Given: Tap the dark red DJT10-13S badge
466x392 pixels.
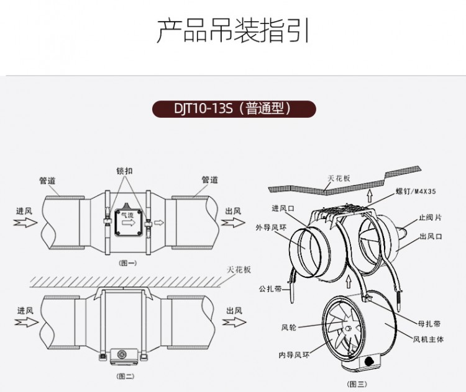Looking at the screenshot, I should [x=234, y=109].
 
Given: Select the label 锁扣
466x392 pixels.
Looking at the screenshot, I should [x=124, y=171].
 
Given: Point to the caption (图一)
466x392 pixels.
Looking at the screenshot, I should [x=127, y=263].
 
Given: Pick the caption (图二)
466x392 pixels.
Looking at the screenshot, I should [x=126, y=376].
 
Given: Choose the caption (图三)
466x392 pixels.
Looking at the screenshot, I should [x=357, y=383].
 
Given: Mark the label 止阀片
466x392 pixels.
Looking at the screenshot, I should [x=429, y=217].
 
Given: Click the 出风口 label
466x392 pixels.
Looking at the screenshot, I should [x=430, y=236].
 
